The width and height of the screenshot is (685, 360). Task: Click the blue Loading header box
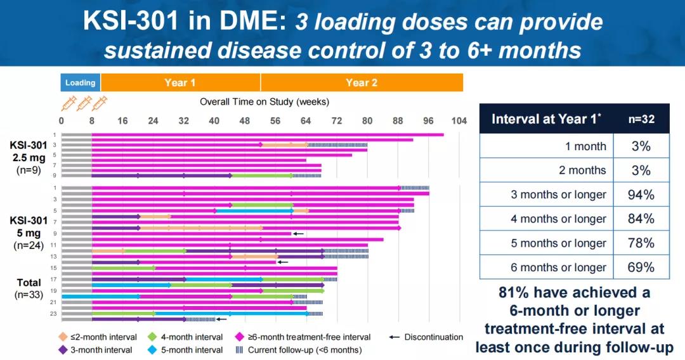tap(81, 82)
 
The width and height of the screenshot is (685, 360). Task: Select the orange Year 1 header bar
tap(180, 82)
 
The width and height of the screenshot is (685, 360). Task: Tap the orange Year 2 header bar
tap(362, 82)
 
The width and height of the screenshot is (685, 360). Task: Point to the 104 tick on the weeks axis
tap(459, 121)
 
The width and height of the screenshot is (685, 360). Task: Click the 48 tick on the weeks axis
tap(245, 121)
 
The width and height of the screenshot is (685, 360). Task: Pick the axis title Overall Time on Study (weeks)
tap(264, 101)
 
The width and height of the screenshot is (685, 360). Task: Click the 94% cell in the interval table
tap(641, 195)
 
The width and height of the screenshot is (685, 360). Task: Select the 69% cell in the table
tap(641, 267)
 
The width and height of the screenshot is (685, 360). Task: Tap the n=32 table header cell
tap(641, 119)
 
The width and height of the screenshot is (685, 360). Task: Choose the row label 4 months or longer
tap(559, 219)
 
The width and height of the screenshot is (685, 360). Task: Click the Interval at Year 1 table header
tap(546, 119)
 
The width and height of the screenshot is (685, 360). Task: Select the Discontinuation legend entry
tap(426, 337)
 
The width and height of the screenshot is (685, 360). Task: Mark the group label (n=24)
tap(29, 246)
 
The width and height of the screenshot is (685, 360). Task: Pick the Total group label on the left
tap(29, 283)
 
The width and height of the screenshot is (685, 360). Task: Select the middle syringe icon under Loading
tap(84, 103)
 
